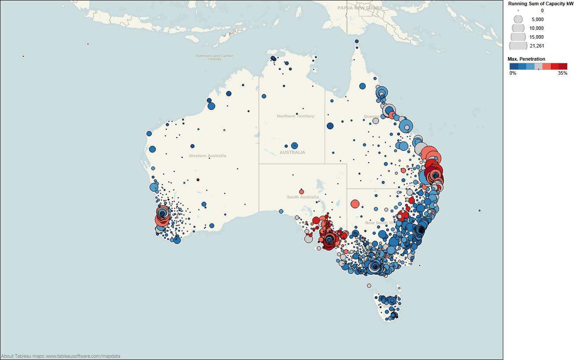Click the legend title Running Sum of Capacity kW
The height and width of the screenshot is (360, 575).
click(541, 4)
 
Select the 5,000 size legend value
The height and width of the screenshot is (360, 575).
click(537, 19)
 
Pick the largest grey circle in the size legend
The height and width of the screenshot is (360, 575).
click(518, 46)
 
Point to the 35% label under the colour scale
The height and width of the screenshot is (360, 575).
click(562, 73)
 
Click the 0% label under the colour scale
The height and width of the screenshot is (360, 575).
click(513, 73)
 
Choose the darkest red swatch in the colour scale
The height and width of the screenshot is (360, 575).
click(563, 66)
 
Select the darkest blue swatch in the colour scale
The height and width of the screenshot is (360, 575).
click(514, 66)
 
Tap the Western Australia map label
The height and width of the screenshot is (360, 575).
click(207, 156)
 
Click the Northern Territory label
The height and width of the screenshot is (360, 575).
click(295, 116)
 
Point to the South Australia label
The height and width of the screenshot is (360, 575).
click(303, 197)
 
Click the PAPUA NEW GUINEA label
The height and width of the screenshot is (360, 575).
click(359, 8)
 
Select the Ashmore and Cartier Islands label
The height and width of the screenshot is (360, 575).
click(214, 58)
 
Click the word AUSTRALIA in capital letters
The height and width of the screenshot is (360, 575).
click(292, 153)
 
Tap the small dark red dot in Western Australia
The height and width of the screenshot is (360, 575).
click(198, 180)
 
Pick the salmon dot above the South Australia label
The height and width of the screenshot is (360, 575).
click(301, 192)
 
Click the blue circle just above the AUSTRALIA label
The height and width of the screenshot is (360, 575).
click(294, 145)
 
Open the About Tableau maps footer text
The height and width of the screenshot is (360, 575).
click(61, 356)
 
